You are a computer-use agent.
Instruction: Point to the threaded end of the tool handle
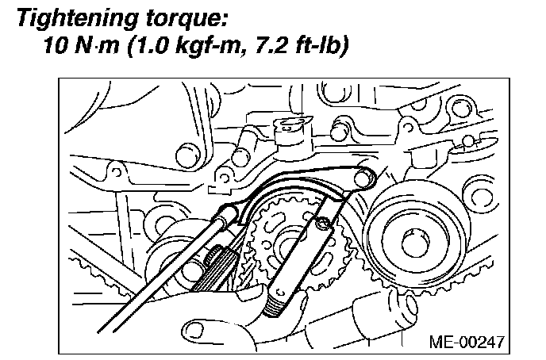(279, 301)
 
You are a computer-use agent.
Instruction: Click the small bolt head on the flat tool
(322, 225)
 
